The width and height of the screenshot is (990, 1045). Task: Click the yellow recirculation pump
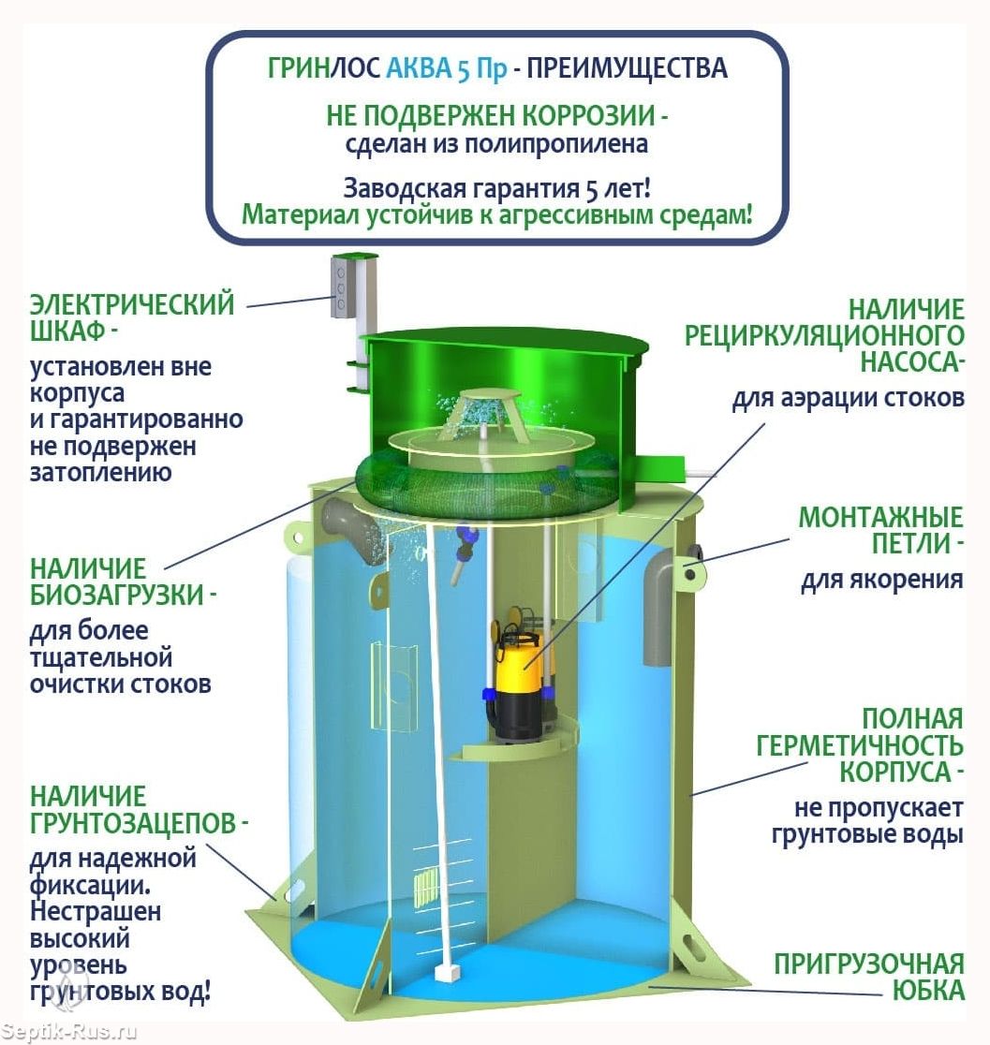pyautogui.click(x=514, y=673)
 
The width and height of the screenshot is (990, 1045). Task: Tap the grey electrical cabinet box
pyautogui.click(x=341, y=287)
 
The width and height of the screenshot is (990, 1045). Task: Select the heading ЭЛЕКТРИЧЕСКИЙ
pyautogui.click(x=132, y=304)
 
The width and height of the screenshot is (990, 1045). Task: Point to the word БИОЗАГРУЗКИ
pyautogui.click(x=117, y=595)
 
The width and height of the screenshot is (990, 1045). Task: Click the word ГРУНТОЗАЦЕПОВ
pyautogui.click(x=133, y=823)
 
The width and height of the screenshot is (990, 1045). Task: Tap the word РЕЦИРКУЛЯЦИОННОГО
pyautogui.click(x=824, y=335)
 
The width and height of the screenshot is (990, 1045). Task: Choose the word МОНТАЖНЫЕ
pyautogui.click(x=880, y=517)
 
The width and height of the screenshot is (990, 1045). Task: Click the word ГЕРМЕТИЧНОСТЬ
pyautogui.click(x=859, y=745)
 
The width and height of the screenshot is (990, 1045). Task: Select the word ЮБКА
pyautogui.click(x=928, y=991)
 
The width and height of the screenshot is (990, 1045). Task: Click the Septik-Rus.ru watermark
pyautogui.click(x=68, y=1032)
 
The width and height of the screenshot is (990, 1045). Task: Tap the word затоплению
pyautogui.click(x=100, y=473)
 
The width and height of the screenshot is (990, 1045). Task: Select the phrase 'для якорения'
pyautogui.click(x=882, y=580)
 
